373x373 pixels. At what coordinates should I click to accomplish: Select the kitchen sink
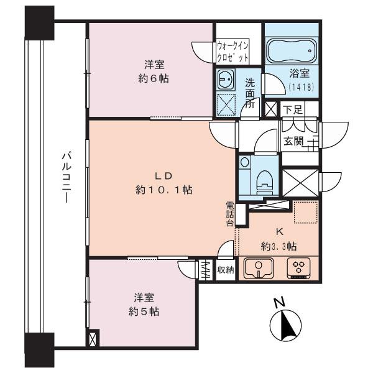click(256, 268)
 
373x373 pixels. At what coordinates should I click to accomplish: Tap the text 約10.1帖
click(163, 190)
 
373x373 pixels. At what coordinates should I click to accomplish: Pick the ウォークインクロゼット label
click(233, 50)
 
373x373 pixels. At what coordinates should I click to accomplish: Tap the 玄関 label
click(293, 141)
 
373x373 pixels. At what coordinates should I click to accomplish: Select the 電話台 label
click(230, 214)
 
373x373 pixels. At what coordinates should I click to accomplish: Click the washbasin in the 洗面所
click(225, 79)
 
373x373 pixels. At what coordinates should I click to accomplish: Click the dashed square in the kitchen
click(305, 212)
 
